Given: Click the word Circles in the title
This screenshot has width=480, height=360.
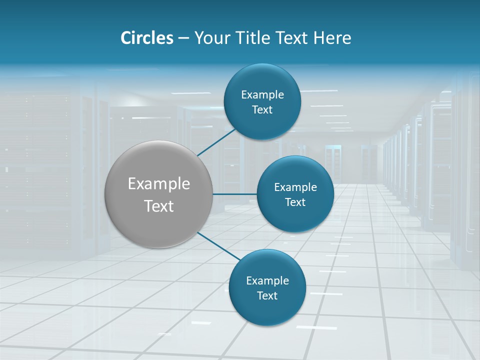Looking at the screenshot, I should pos(147,38).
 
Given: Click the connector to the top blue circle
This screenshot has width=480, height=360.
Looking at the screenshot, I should pos(216,142).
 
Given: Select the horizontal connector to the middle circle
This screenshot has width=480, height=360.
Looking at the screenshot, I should pos(234,193).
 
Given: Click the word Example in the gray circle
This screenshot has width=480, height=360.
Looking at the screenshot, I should pos(158,184).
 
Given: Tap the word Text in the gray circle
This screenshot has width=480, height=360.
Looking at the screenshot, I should pos(158,206).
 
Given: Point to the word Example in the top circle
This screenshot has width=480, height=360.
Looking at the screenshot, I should pos(262,95).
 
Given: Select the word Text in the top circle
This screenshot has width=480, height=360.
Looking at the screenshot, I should pos(262,110).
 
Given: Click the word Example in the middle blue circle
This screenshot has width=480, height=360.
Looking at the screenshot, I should pos(295,187).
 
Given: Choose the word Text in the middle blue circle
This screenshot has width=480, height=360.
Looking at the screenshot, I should pos(295,202).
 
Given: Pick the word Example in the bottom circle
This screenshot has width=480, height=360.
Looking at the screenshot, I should pos(267,281).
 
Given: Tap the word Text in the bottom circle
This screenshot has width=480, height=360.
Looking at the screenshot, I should pos(267,296).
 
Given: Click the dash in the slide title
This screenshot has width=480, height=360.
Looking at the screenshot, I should pos(183,38).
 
